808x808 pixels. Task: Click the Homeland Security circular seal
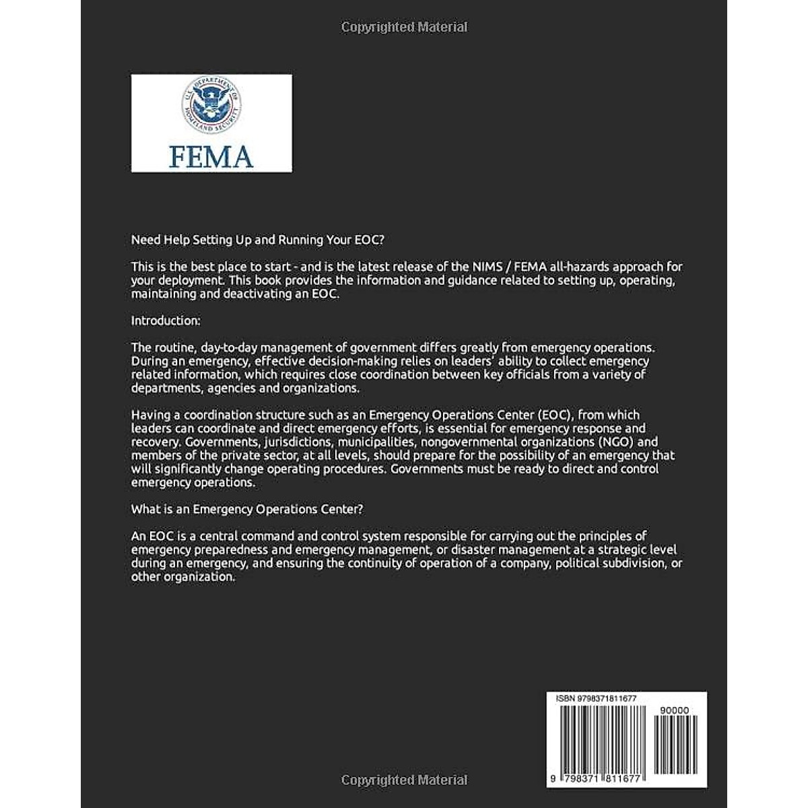click(x=211, y=104)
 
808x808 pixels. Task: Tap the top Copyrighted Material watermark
click(x=404, y=27)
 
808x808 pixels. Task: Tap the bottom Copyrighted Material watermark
click(x=404, y=780)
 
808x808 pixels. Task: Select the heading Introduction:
click(x=166, y=321)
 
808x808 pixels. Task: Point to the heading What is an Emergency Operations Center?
click(x=247, y=509)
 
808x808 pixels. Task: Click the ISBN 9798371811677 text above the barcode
click(x=597, y=699)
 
